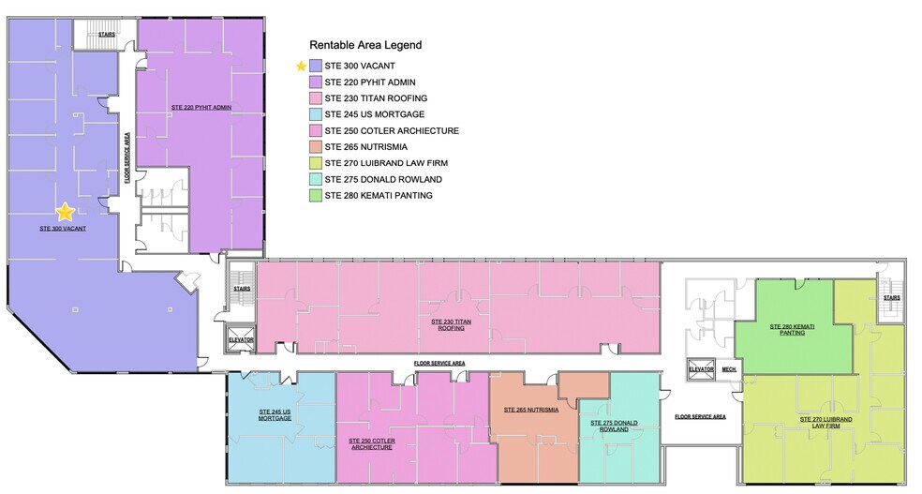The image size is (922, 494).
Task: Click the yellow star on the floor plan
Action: [x=65, y=213]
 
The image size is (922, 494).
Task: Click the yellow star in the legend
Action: [x=301, y=67]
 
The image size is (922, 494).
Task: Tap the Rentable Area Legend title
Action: [x=365, y=44]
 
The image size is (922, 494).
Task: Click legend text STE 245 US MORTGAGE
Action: [x=374, y=115]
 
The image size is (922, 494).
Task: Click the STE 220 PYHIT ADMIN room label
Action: [x=201, y=108]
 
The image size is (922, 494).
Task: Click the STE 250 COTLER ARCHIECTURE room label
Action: [x=370, y=443]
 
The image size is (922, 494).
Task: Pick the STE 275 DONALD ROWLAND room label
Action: [x=614, y=426]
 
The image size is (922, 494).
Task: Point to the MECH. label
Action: [x=728, y=369]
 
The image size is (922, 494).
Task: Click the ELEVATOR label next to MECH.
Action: [x=701, y=369]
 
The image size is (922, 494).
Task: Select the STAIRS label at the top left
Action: [x=107, y=36]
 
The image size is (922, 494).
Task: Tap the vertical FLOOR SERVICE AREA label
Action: [x=126, y=160]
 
